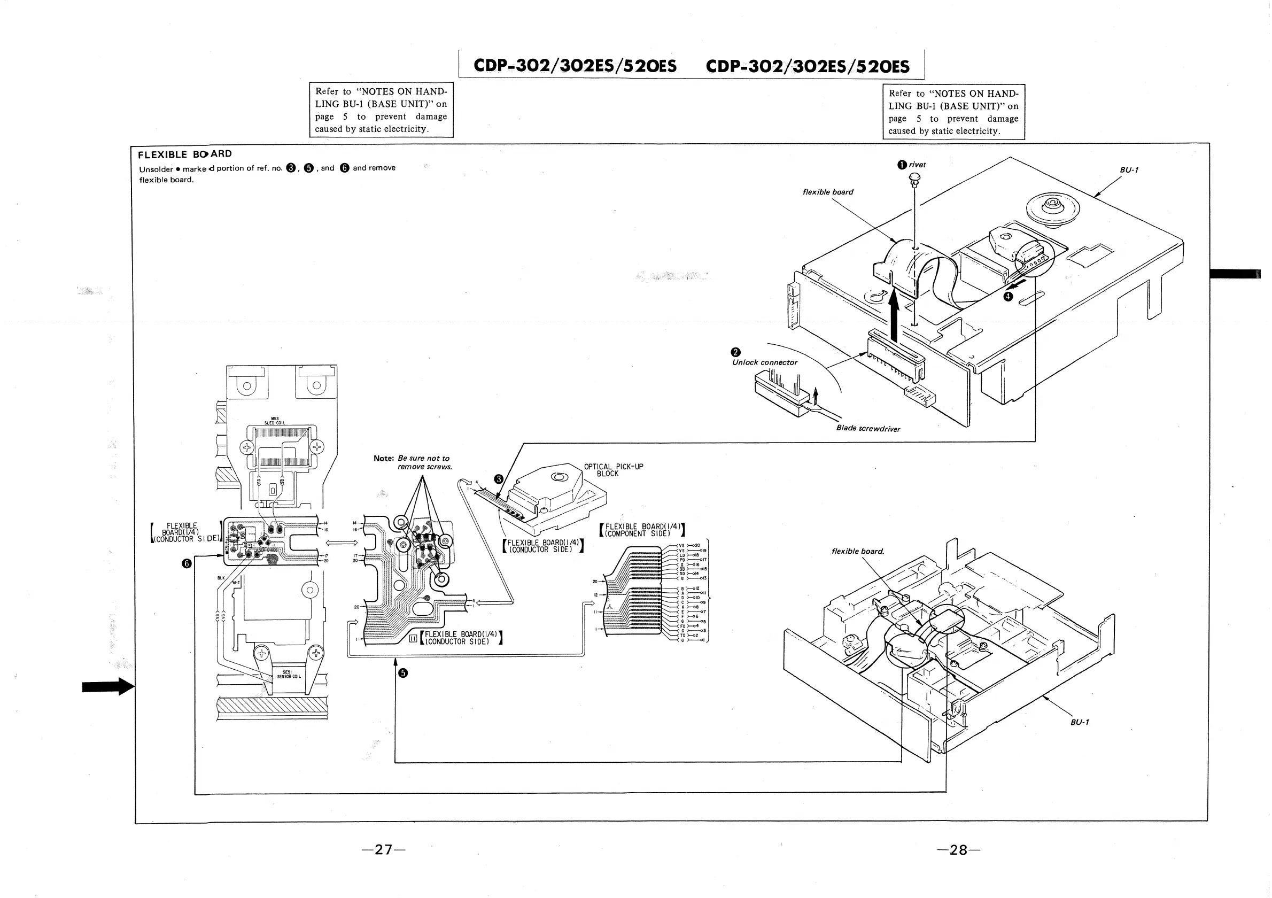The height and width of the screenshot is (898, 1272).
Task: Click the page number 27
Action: tap(383, 849)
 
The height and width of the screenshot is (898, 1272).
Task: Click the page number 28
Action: tap(958, 850)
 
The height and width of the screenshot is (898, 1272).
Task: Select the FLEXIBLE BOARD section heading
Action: tap(184, 154)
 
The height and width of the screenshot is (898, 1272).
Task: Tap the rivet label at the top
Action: tap(917, 165)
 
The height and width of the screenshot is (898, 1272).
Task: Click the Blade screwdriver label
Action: tap(867, 428)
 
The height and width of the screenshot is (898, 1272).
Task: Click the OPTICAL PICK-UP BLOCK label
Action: tap(614, 470)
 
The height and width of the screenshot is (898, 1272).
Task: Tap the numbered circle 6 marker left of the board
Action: tap(187, 563)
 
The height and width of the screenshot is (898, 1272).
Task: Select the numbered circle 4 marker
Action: tap(1009, 296)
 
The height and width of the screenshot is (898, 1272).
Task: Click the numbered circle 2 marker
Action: tap(736, 352)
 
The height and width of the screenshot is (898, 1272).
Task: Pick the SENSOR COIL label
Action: tap(288, 675)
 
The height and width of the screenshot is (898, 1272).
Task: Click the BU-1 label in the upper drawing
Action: tap(1129, 170)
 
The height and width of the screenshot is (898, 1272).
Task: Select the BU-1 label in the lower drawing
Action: tap(1080, 722)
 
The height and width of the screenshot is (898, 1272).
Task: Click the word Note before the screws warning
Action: tap(383, 458)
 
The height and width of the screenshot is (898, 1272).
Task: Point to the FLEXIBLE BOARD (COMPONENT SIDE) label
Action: tap(642, 530)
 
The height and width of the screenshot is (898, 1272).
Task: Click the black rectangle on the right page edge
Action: tap(1235, 274)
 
